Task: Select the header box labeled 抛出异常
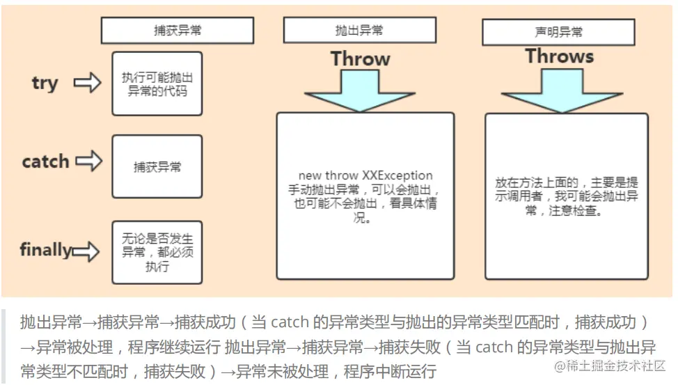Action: click(x=358, y=30)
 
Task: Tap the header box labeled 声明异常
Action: click(x=558, y=32)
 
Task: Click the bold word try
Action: click(x=45, y=84)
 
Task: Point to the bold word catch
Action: click(x=45, y=162)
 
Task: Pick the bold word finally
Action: click(x=45, y=249)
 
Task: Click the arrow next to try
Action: click(x=87, y=84)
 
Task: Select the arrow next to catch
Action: click(x=89, y=162)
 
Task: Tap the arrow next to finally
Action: click(x=85, y=251)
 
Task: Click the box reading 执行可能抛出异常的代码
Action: click(x=157, y=84)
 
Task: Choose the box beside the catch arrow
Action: click(x=157, y=167)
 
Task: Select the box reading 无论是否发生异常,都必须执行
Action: click(x=157, y=252)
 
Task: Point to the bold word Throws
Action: click(x=559, y=56)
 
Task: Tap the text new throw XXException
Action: click(x=365, y=175)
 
